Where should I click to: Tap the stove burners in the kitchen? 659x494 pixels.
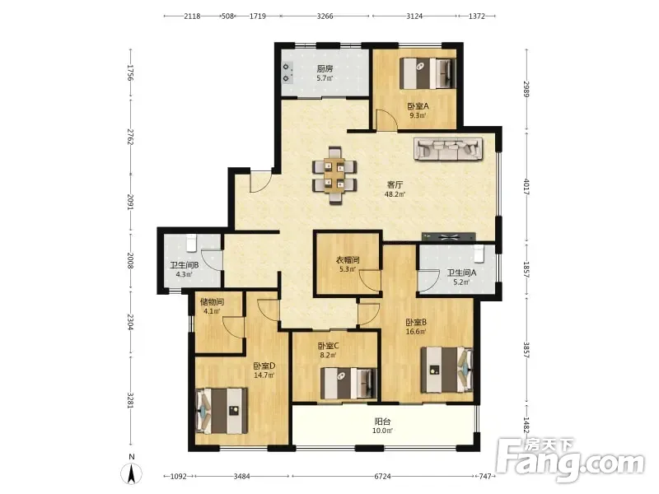[287, 72]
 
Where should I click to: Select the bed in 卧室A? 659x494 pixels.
[428, 73]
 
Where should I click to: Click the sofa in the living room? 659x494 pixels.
[449, 149]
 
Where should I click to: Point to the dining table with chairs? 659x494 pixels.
[334, 175]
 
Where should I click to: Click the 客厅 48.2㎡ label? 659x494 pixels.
[395, 189]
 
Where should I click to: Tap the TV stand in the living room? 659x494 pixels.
[448, 236]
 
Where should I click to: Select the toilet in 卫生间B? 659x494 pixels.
[191, 243]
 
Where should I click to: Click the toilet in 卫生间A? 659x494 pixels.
[479, 253]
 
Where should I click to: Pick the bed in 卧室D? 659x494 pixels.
[222, 411]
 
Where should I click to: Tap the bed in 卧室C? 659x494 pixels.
[348, 383]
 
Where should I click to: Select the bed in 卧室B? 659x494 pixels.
[447, 369]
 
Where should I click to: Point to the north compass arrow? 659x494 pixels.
[131, 474]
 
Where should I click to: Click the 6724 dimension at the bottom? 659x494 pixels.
[382, 477]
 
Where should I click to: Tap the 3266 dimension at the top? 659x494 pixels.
[325, 16]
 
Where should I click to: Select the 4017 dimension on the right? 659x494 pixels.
[526, 187]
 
